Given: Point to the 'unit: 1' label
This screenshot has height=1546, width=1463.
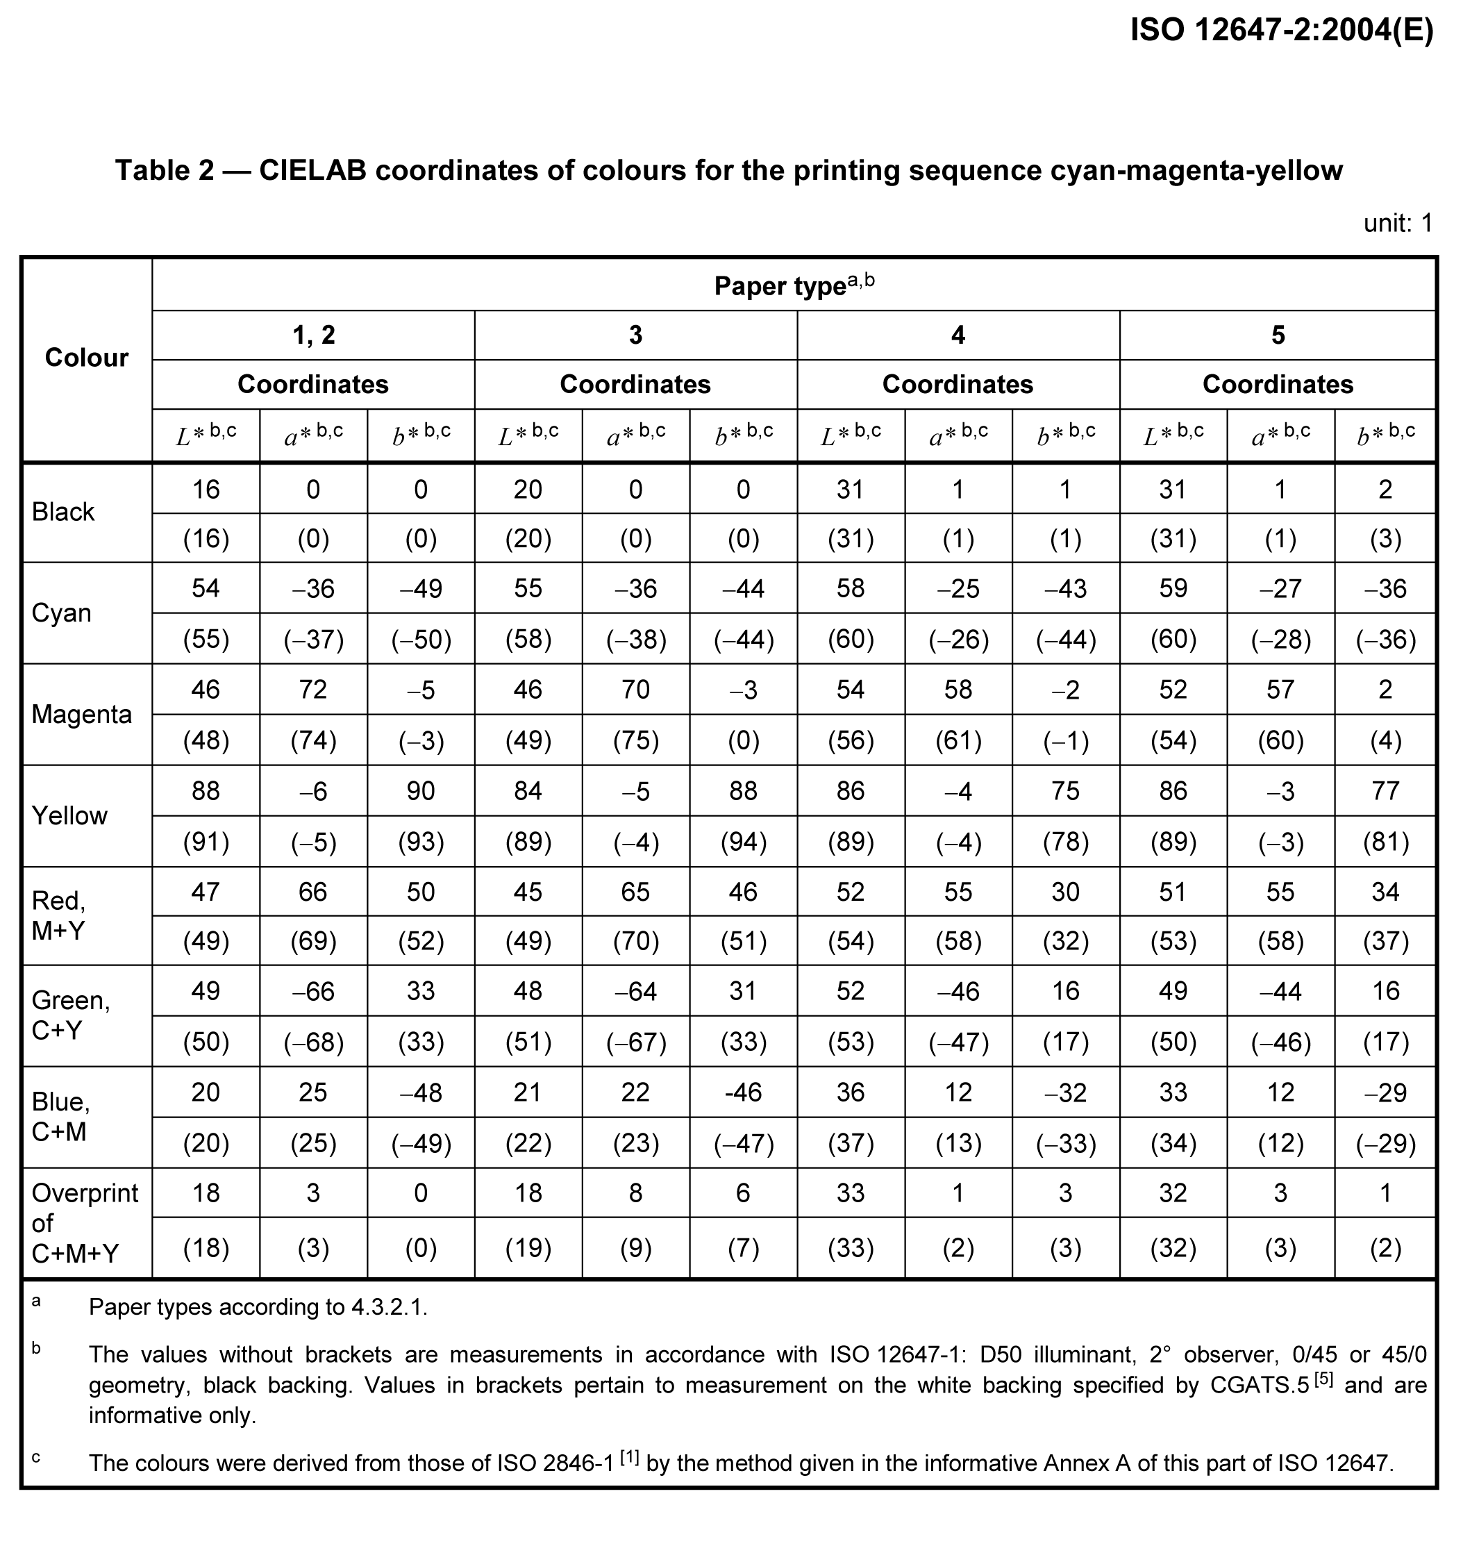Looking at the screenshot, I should tap(1398, 224).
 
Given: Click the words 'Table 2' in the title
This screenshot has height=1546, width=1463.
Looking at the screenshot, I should tap(164, 170).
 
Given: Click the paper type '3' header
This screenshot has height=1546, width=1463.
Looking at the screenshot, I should tap(635, 335).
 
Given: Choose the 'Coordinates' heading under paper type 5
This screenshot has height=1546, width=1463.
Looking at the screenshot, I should tap(1278, 384).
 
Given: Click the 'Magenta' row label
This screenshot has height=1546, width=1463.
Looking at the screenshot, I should tap(81, 714).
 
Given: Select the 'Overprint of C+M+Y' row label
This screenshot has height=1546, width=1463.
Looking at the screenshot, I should tap(84, 1222).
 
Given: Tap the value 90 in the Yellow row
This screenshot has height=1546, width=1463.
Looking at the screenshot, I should tap(420, 791).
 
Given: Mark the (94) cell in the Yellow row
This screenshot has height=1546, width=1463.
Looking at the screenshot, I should tap(743, 842).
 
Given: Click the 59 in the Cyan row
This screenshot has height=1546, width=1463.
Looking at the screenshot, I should tap(1173, 588).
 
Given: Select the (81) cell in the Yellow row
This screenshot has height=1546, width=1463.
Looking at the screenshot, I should tap(1385, 842).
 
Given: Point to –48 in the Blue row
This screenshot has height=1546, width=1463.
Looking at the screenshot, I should tap(420, 1092).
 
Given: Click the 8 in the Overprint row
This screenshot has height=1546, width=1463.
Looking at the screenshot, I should tap(635, 1193).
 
